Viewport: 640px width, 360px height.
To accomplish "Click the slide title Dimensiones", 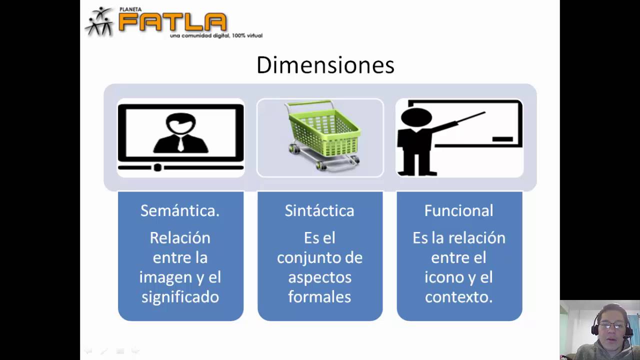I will click(325, 65).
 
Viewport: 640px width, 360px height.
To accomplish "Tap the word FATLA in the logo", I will click(172, 22).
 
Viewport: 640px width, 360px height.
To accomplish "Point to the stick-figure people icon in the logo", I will click(100, 21).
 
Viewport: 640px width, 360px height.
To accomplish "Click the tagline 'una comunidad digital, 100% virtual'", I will click(216, 35).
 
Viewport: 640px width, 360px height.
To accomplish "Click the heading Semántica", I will click(180, 210).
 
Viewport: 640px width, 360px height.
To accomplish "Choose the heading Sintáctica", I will click(319, 210).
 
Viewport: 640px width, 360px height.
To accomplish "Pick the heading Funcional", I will click(458, 210).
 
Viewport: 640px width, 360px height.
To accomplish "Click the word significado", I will click(180, 297).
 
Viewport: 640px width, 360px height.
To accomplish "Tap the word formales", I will click(319, 297).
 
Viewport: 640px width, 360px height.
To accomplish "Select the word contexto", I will click(458, 297).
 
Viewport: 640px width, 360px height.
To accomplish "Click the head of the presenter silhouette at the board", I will click(416, 118).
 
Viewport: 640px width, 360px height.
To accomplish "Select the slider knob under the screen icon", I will click(157, 167).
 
